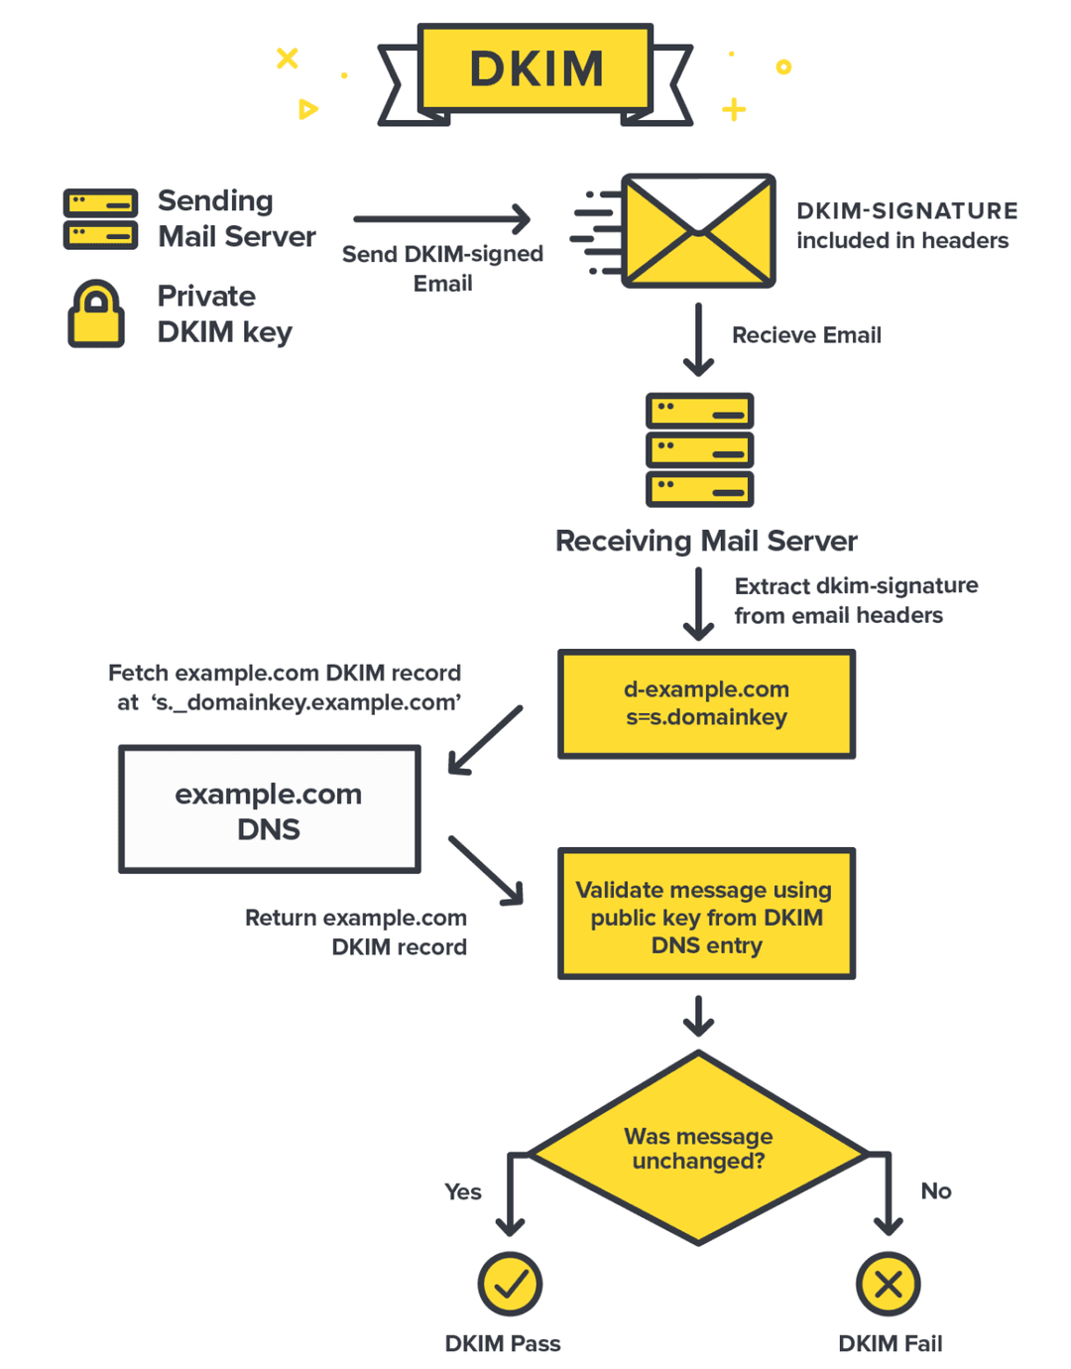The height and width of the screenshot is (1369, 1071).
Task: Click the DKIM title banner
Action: pos(535,68)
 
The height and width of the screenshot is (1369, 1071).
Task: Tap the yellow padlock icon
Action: pos(96,314)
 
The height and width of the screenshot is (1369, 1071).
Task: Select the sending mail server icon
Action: pos(100,219)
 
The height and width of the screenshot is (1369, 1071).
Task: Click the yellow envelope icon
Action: pos(698,231)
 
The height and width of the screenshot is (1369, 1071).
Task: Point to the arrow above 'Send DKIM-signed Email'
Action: pos(442,219)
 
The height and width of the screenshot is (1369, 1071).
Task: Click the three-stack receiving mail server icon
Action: pos(699,449)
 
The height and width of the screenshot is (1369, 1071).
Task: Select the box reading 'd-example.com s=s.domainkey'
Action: pos(706,704)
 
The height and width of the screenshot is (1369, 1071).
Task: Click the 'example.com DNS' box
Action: pos(269,809)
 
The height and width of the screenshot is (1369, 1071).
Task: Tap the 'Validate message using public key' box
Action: pos(706,914)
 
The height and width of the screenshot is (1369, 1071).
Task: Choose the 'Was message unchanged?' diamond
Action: pos(698,1148)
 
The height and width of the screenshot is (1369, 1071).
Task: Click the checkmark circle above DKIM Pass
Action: pos(510,1284)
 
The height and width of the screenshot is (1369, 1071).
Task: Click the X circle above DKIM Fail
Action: pos(888,1284)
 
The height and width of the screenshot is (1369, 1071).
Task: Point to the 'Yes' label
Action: pos(462,1191)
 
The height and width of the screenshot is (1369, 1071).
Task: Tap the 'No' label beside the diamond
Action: pos(935,1190)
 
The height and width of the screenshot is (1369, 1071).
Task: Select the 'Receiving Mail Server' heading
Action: pos(706,541)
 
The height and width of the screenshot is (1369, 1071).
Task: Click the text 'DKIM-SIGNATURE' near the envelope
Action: pos(906,210)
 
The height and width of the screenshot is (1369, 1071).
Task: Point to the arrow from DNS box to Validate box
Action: pos(486,870)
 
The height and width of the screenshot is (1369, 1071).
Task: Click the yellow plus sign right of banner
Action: pos(734,109)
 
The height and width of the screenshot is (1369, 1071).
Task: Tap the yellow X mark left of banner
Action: pos(288,59)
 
